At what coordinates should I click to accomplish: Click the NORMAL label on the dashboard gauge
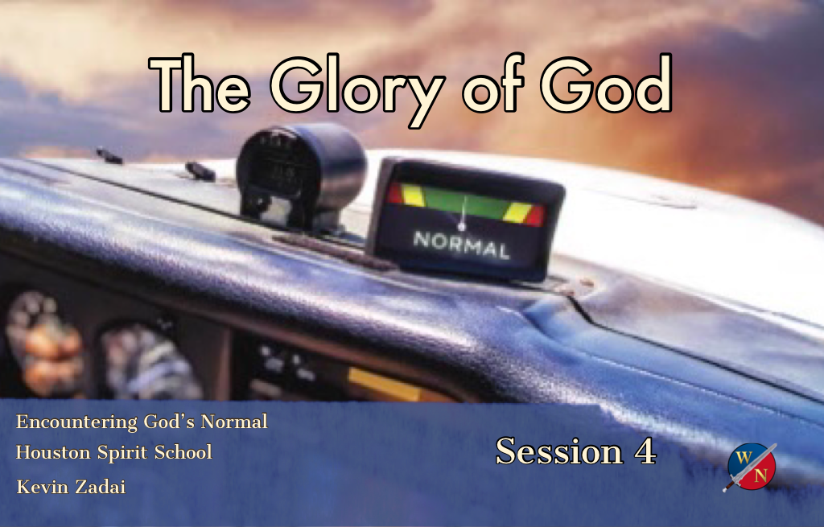[461, 245]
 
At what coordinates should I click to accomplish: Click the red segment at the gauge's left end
[394, 193]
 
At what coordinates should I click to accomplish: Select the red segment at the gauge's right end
[535, 215]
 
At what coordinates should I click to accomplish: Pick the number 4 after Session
[645, 451]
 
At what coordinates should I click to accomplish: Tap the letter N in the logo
[760, 476]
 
